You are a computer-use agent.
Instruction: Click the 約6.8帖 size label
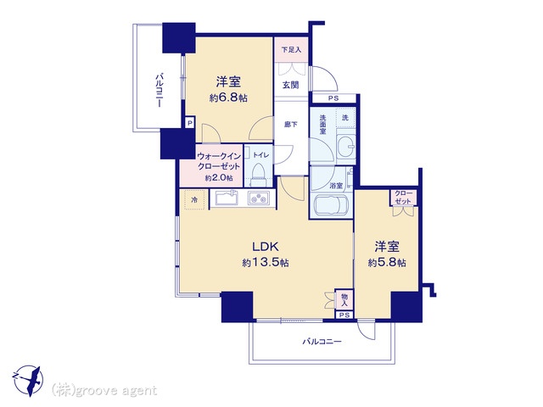pyautogui.click(x=228, y=98)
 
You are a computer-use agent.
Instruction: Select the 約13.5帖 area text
pyautogui.click(x=259, y=264)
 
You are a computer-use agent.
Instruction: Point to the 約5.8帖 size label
pyautogui.click(x=387, y=263)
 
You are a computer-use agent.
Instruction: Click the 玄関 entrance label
pyautogui.click(x=290, y=84)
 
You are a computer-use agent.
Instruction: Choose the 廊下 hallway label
pyautogui.click(x=290, y=124)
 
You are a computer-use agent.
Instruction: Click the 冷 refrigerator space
pyautogui.click(x=194, y=200)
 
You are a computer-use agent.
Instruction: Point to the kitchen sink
pyautogui.click(x=226, y=199)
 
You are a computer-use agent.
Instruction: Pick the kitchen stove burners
pyautogui.click(x=258, y=200)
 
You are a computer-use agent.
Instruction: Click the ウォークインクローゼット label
pyautogui.click(x=218, y=162)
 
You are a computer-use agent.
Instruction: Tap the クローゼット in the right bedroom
pyautogui.click(x=402, y=198)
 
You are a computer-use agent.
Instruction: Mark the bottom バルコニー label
pyautogui.click(x=322, y=342)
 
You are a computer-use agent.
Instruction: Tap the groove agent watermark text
pyautogui.click(x=104, y=390)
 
